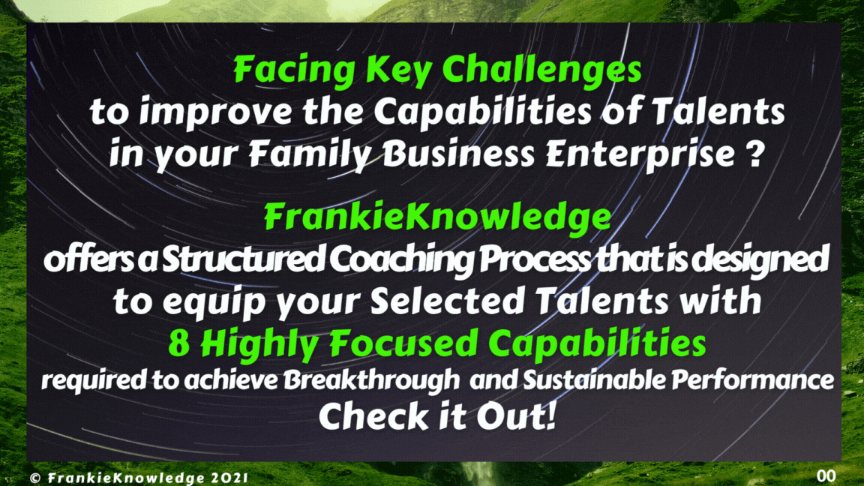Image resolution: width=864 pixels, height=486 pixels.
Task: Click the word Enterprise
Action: pyautogui.click(x=636, y=154)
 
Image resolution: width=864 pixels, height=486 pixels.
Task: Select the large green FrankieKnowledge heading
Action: pyautogui.click(x=437, y=217)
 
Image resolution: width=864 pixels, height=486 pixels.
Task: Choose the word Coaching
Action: pyautogui.click(x=401, y=259)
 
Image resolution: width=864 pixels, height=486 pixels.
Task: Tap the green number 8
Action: pyautogui.click(x=178, y=343)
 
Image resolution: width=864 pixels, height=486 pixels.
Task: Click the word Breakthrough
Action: pyautogui.click(x=371, y=380)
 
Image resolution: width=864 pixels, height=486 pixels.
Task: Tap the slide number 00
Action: pyautogui.click(x=826, y=475)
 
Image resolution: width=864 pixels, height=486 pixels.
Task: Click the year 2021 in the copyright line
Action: pyautogui.click(x=229, y=478)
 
